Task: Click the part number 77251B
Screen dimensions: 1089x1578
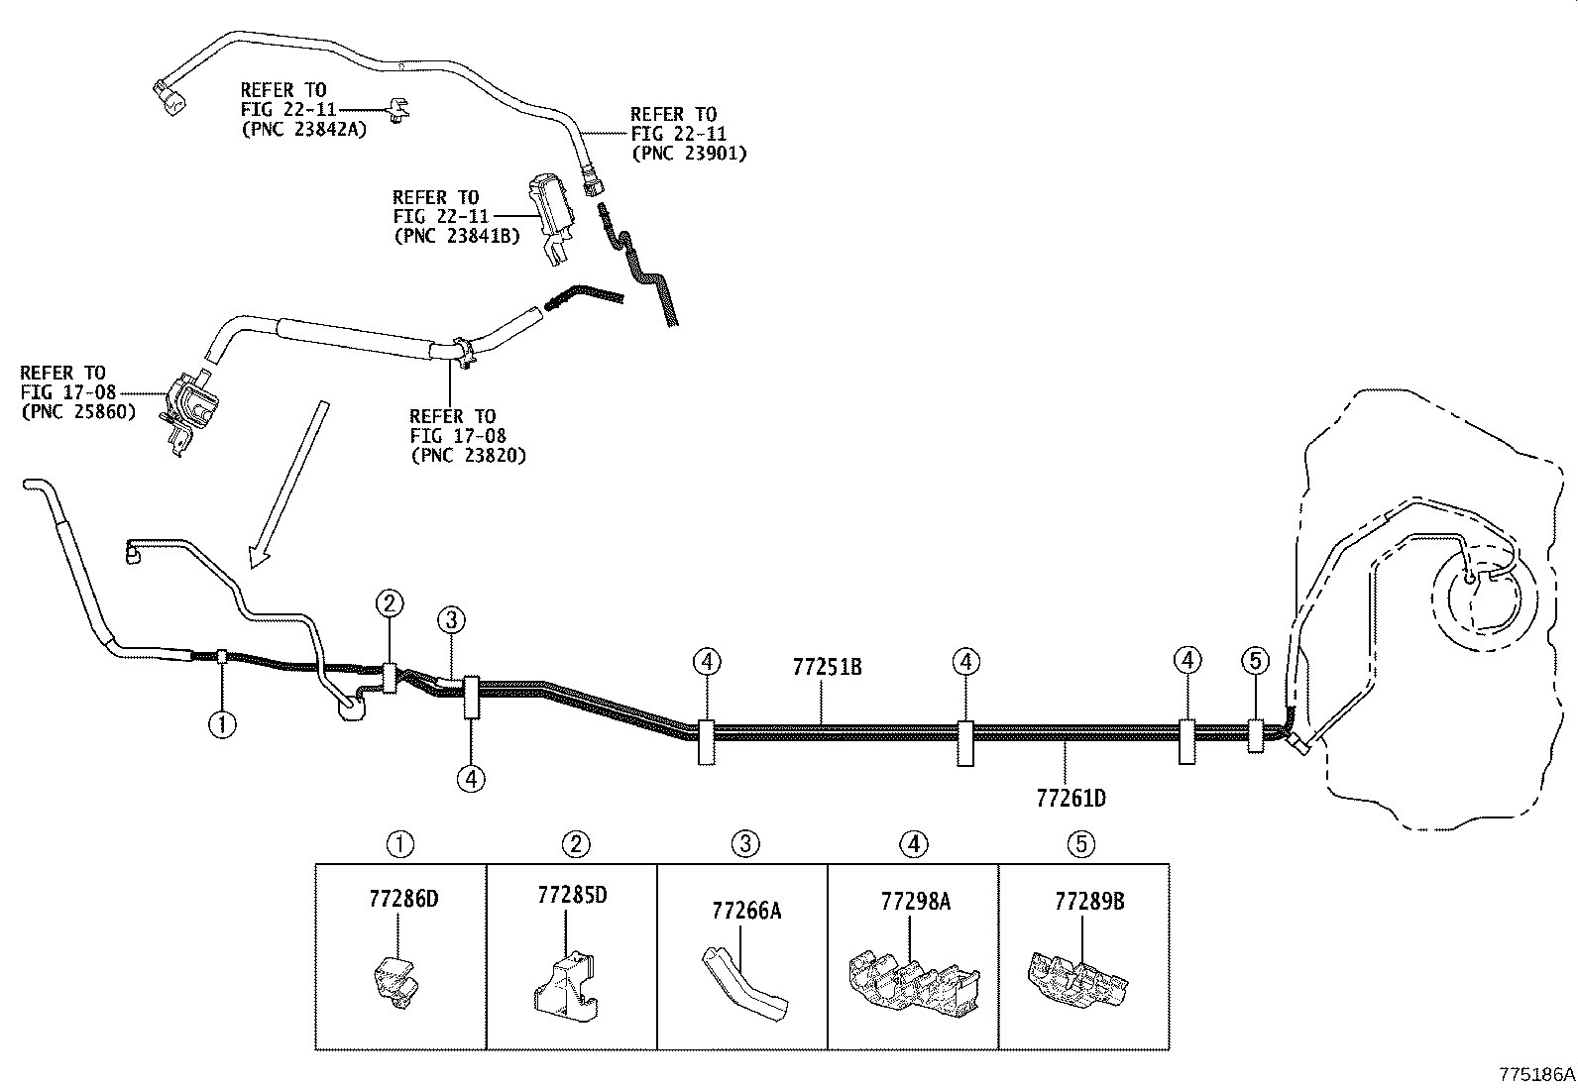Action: click(827, 667)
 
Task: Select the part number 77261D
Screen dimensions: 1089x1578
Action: click(1071, 797)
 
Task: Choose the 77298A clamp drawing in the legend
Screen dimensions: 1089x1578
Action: click(911, 981)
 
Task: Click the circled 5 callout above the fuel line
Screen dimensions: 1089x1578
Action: click(1255, 660)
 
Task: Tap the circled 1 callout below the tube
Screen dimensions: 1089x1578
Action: click(222, 724)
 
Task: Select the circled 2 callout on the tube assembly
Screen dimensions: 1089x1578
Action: click(390, 602)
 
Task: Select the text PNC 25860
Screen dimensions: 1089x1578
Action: click(78, 411)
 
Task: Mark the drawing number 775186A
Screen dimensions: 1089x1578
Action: click(1535, 1074)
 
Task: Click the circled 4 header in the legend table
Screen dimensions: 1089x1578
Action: click(914, 844)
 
